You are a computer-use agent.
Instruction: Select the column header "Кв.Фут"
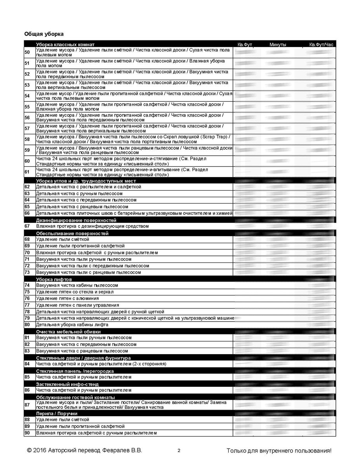(245, 45)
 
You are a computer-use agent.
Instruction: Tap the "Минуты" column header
(278, 45)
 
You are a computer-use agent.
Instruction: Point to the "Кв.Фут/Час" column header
(321, 45)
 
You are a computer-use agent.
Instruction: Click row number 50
(27, 52)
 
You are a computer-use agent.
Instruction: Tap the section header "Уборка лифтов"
(54, 280)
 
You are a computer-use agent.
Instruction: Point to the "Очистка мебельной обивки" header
(68, 332)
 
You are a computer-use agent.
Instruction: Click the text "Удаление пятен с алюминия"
(67, 299)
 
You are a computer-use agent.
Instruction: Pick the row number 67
(27, 226)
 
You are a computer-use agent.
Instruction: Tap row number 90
(27, 433)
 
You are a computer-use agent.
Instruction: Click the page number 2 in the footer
(179, 451)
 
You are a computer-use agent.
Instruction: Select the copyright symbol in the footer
(29, 451)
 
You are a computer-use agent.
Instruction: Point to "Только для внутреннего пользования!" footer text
(279, 451)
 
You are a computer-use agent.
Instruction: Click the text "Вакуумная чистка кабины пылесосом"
(77, 285)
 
